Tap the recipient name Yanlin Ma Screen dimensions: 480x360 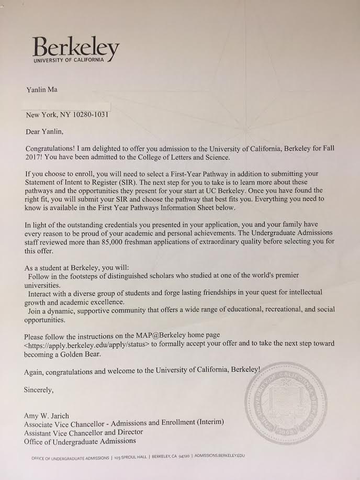[42, 90]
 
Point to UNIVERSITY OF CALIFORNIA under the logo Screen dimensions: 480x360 [73, 61]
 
